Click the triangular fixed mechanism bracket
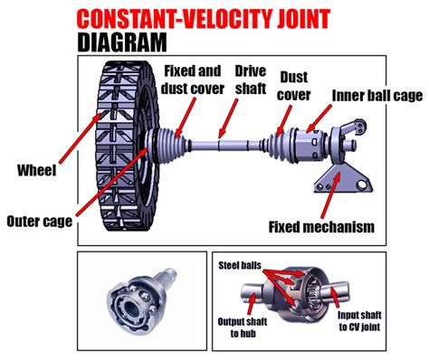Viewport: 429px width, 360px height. [x=342, y=180]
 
